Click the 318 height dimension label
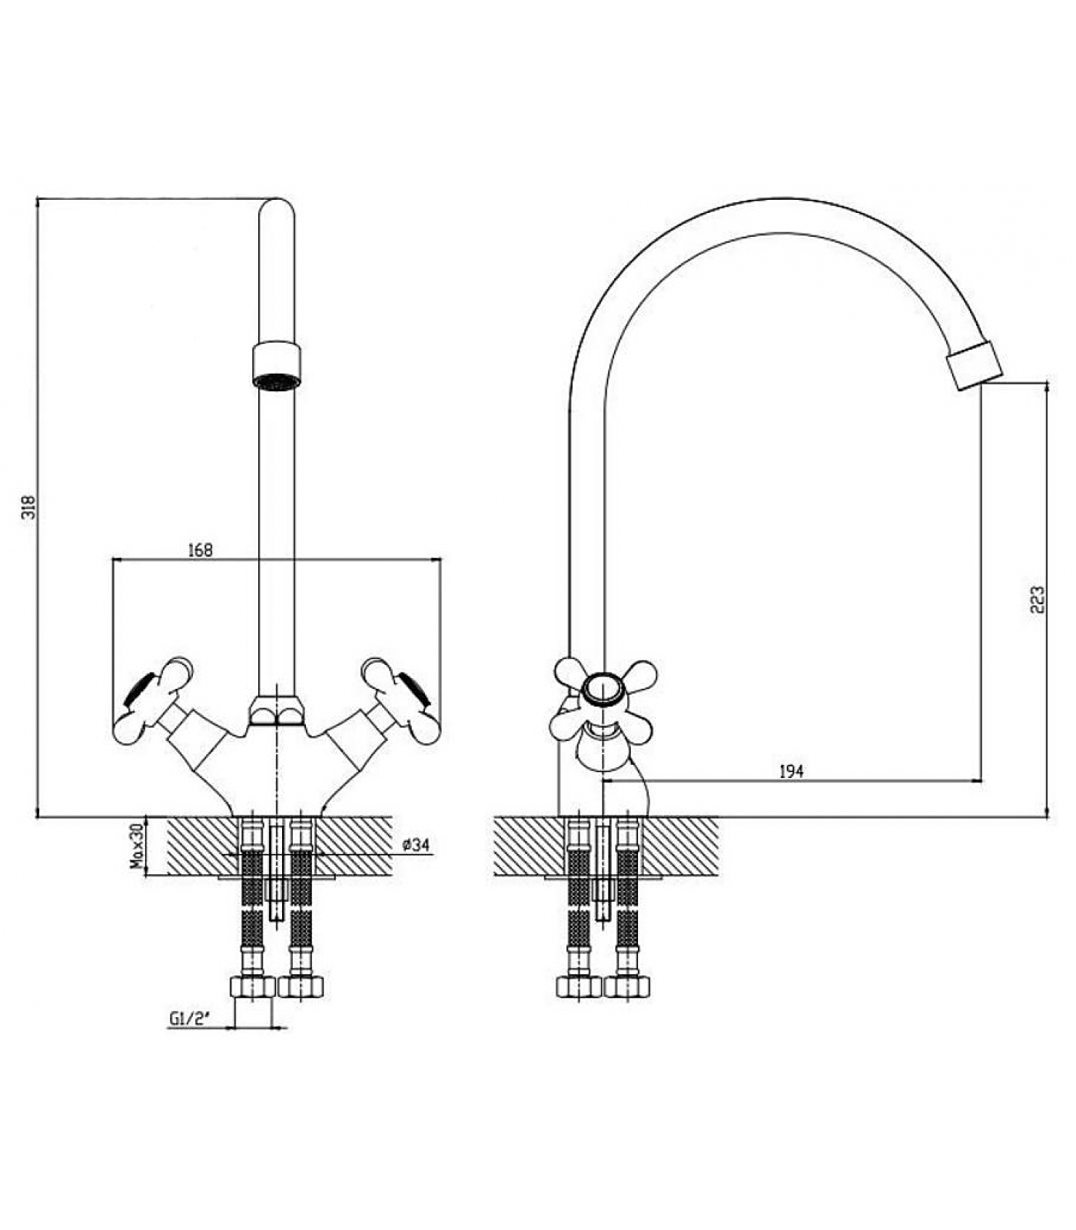pos(28,507)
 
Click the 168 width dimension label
pos(200,550)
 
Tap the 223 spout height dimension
pos(1038,600)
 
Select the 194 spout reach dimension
pos(791,771)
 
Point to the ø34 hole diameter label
pos(416,845)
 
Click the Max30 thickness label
pos(137,846)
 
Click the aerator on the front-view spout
pos(277,367)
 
